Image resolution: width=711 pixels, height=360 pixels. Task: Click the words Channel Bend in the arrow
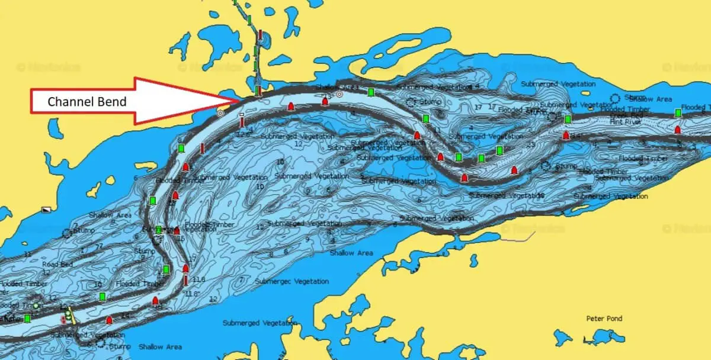(87, 102)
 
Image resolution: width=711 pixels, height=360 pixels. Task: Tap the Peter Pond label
(604, 319)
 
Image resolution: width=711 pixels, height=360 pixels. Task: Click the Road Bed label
(58, 265)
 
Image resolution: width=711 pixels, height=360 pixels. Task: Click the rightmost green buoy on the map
(678, 113)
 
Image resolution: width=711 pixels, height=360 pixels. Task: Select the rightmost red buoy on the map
(678, 129)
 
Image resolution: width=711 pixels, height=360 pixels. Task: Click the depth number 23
(531, 144)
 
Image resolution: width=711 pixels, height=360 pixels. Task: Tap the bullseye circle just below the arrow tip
(220, 112)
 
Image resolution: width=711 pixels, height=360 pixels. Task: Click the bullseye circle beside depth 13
(339, 94)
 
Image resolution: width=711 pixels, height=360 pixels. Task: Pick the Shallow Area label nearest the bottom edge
(159, 346)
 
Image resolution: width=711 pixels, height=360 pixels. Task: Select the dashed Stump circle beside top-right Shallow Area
(614, 98)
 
